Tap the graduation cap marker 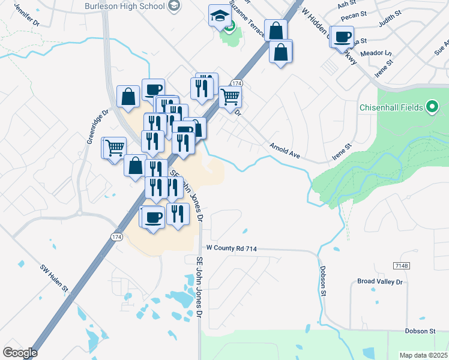point(220,16)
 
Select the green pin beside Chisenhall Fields point(432,107)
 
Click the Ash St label point(347,4)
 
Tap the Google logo point(20,353)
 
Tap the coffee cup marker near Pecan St point(343,37)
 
